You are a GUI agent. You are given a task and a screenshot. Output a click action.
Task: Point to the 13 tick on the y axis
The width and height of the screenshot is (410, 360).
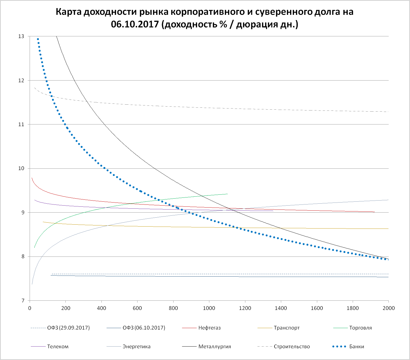[x=21, y=36]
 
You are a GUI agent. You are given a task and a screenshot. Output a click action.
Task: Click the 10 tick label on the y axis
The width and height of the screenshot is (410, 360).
[x=21, y=168]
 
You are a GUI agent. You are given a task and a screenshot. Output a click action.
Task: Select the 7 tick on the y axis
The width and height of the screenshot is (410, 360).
[x=23, y=301]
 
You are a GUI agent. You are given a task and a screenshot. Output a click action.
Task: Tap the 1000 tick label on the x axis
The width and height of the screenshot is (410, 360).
[x=209, y=308]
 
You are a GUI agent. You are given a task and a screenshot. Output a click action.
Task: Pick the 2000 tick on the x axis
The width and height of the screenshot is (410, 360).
[x=388, y=308]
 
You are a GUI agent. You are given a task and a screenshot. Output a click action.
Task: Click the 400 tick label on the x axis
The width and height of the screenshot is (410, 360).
[x=101, y=308]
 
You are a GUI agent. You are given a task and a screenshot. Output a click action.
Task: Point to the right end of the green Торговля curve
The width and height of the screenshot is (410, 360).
[x=227, y=194]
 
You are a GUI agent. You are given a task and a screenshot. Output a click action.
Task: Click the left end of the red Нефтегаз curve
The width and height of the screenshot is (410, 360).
[x=32, y=178]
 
